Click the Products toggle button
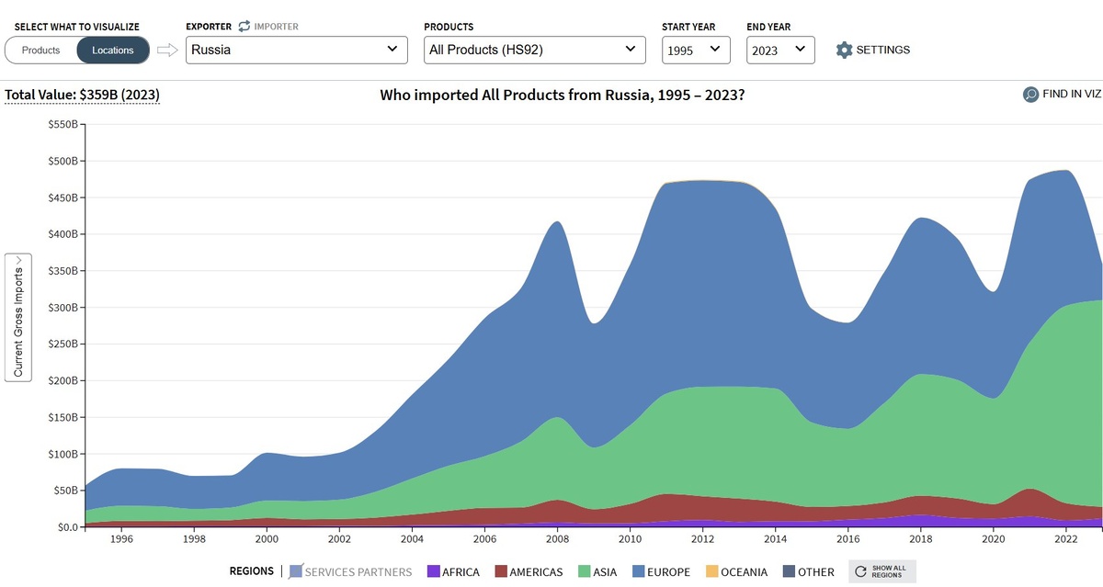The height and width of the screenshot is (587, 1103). (x=40, y=51)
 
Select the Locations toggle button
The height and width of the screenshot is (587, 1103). (x=112, y=51)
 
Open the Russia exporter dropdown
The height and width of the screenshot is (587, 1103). (x=296, y=50)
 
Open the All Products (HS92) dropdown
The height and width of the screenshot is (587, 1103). (x=535, y=50)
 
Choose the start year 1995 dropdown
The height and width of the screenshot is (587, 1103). (x=696, y=51)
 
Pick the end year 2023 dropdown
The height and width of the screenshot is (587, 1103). (x=780, y=51)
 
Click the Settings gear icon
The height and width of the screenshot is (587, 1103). (x=845, y=50)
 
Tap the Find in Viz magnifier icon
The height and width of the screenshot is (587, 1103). (x=1031, y=94)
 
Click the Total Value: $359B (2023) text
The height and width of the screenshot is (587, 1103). (x=83, y=95)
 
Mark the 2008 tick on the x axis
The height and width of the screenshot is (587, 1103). (x=557, y=540)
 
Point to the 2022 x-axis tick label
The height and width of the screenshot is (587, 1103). (x=1065, y=540)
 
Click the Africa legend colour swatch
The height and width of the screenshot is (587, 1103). (x=434, y=571)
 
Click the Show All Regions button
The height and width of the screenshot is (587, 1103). (x=881, y=571)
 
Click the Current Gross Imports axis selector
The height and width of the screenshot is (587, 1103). (x=18, y=317)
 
